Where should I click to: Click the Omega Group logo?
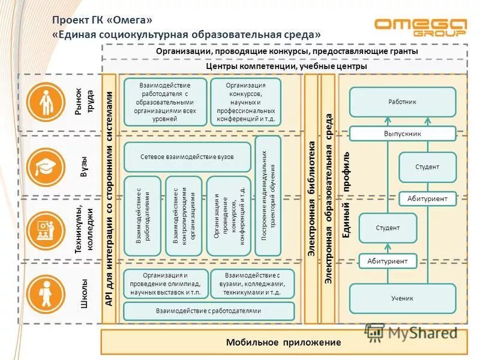point(420,27)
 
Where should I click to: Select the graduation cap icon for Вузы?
point(46,166)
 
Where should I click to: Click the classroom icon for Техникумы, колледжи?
point(46,229)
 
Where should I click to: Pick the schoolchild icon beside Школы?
point(46,292)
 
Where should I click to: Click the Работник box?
point(403,102)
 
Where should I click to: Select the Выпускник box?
point(403,134)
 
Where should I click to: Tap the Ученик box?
point(403,298)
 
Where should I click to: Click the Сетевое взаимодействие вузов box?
point(187,157)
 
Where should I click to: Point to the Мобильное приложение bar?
point(283,343)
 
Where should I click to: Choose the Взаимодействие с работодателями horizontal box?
point(209,311)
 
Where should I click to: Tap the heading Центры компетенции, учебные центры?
point(286,67)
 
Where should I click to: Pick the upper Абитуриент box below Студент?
point(428,199)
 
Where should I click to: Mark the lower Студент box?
point(388,228)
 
